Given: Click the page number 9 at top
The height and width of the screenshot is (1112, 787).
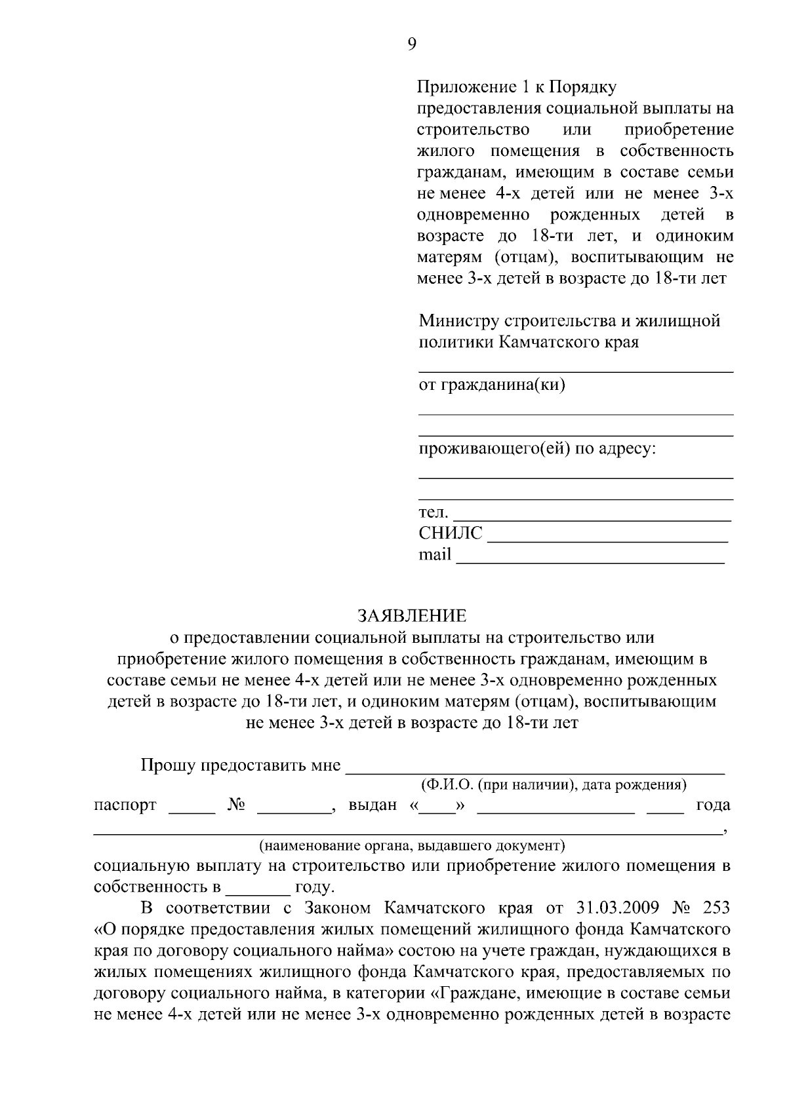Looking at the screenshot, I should pos(411,44).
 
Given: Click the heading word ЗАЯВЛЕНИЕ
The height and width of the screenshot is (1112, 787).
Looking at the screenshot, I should pos(411,616).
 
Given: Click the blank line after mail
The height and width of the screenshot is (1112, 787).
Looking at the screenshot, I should pos(590,560).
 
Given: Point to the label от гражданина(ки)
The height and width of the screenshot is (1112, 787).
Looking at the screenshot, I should pos(492,385).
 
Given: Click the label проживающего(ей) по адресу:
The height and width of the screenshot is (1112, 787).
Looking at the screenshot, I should pos(537,450).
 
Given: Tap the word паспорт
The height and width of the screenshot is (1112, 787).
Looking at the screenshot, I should pos(125,805).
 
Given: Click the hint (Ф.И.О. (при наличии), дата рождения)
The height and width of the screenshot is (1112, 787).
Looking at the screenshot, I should pos(553,784).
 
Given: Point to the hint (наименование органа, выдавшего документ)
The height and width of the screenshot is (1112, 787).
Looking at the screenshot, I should pos(412,845).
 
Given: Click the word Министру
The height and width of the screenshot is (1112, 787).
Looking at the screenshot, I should pos(459,321).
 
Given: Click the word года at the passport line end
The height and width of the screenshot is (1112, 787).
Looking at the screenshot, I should pos(712,805).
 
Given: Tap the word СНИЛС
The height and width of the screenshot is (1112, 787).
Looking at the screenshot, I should pos(451,533).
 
